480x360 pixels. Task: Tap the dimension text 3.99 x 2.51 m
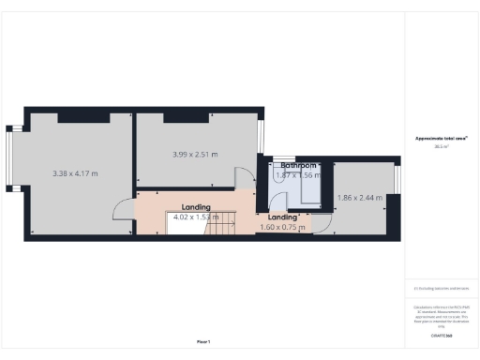point(195,155)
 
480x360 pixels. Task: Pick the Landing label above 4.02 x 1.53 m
point(196,207)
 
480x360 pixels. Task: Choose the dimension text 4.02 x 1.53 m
point(196,217)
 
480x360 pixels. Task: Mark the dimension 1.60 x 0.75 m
point(281,227)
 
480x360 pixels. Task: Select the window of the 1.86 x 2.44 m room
point(397,179)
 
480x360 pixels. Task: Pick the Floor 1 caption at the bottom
point(203,341)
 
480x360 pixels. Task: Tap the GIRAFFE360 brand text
point(442,334)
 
